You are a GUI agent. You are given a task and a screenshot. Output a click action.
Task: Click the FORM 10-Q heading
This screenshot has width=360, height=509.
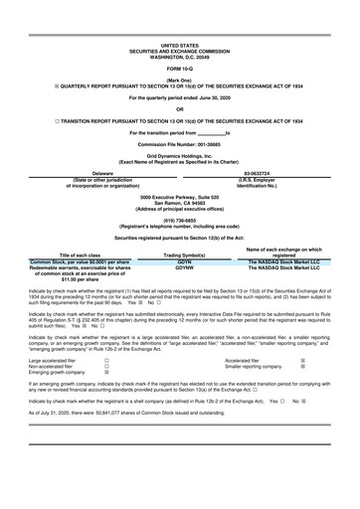(180, 68)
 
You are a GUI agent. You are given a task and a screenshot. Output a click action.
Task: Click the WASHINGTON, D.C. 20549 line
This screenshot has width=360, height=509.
(180, 56)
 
